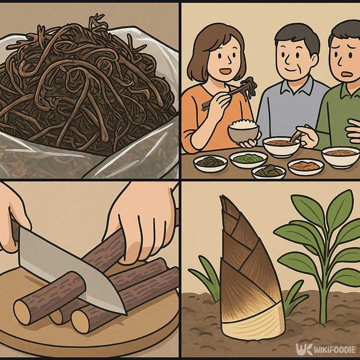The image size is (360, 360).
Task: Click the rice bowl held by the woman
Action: click(244, 132)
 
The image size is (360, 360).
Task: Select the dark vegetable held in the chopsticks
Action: click(247, 86)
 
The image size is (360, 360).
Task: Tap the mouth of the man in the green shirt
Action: click(344, 74)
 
